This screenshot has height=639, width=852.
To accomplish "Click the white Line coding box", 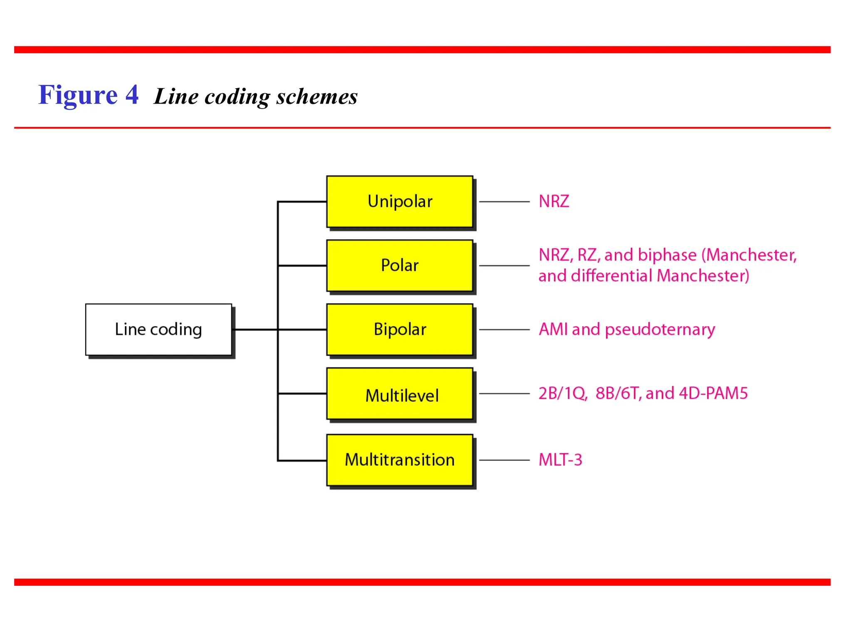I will pyautogui.click(x=158, y=329).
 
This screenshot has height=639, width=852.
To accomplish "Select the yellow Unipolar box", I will pyautogui.click(x=399, y=202).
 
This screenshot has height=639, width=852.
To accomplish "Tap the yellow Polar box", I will pyautogui.click(x=399, y=265).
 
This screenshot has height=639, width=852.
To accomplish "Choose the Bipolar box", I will pyautogui.click(x=399, y=329).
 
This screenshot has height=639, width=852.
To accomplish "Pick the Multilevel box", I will pyautogui.click(x=399, y=394).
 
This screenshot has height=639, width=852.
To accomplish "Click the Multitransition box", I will pyautogui.click(x=399, y=460).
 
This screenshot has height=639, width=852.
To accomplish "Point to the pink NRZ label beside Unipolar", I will pyautogui.click(x=554, y=202).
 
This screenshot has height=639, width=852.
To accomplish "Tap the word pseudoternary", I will pyautogui.click(x=660, y=330).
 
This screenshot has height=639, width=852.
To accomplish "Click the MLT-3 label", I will pyautogui.click(x=560, y=460).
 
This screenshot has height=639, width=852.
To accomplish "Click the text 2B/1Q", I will pyautogui.click(x=562, y=394).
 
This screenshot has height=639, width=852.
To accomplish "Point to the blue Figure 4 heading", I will pyautogui.click(x=88, y=95).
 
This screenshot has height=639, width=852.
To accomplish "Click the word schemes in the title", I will pyautogui.click(x=317, y=97).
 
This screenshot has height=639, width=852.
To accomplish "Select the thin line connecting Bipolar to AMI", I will pyautogui.click(x=504, y=329).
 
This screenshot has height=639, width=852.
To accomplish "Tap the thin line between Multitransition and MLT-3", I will pyautogui.click(x=504, y=460).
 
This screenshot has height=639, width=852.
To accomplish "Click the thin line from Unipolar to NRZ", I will pyautogui.click(x=504, y=202).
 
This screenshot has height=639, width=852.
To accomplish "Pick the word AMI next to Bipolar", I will pyautogui.click(x=553, y=329).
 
